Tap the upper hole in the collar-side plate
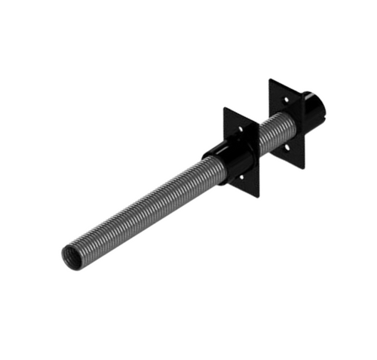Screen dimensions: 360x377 click(x=241, y=129)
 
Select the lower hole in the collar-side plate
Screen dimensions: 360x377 click(x=241, y=178)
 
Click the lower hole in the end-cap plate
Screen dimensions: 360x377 click(x=287, y=143)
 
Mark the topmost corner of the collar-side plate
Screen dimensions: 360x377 click(x=224, y=108)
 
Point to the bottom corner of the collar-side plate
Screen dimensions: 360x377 click(x=259, y=197)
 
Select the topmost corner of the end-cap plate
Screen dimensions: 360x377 click(x=270, y=78)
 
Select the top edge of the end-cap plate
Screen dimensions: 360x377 click(x=287, y=86)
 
